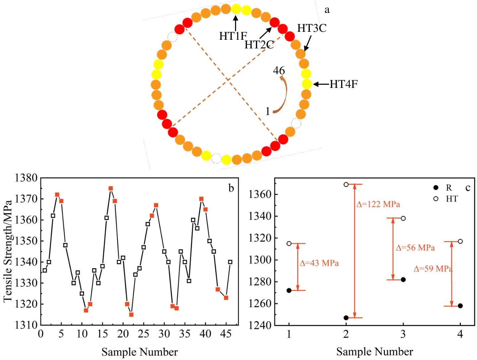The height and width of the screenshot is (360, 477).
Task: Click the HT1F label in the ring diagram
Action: click(233, 36)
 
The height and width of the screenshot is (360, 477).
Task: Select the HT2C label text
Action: click(259, 44)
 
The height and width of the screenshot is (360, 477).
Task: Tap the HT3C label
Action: click(312, 28)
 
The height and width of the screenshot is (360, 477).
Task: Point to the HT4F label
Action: click(343, 84)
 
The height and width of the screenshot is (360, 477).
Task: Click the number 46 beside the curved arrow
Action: click(279, 71)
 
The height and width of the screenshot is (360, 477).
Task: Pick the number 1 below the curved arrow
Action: click(268, 111)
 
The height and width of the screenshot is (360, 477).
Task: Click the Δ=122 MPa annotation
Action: click(378, 204)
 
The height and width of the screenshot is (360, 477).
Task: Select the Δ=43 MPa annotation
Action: click(319, 263)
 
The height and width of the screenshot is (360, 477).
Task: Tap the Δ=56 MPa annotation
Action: click(415, 248)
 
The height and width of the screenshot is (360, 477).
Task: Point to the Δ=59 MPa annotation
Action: click(433, 269)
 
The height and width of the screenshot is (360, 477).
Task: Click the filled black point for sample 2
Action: click(346, 318)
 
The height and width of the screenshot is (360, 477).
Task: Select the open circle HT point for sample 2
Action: click(346, 185)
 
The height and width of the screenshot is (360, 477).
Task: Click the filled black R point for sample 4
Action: click(460, 306)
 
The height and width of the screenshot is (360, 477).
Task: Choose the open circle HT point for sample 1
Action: click(289, 244)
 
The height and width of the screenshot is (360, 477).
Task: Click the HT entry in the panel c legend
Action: click(451, 199)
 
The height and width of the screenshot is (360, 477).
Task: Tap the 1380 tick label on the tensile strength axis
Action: click(26, 178)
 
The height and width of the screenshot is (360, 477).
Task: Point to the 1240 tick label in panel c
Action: click(260, 325)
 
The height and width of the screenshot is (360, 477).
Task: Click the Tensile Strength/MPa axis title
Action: click(8, 251)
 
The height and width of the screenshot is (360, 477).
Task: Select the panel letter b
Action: click(231, 188)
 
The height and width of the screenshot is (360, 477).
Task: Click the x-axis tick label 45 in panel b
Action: click(226, 334)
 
